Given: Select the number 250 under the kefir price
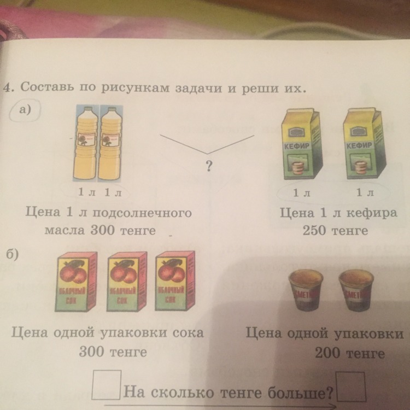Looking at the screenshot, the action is click(x=314, y=230).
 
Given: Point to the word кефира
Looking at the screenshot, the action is click(x=370, y=213).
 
